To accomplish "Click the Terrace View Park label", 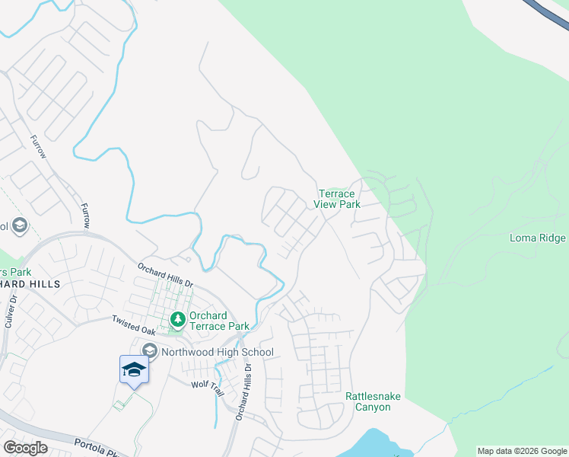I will click(337, 199).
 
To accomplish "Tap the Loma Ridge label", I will click(537, 238).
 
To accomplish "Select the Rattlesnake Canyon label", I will click(373, 401).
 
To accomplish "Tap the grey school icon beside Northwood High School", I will click(149, 351).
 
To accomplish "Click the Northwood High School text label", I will click(215, 352).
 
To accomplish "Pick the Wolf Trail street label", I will click(208, 388).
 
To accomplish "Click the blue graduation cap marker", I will click(134, 371).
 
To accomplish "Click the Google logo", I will click(25, 448).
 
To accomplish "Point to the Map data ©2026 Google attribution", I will click(522, 451).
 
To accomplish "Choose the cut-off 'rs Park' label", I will click(15, 271).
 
